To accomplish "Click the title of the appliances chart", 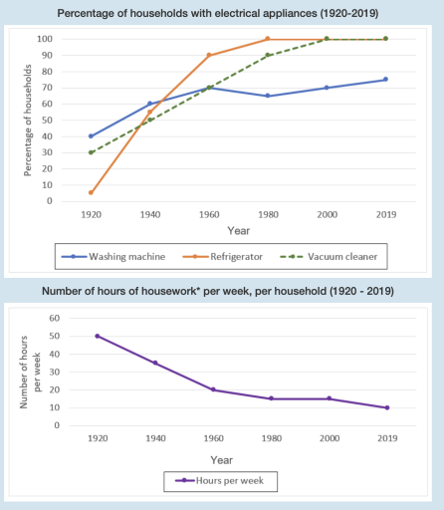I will click(x=221, y=13).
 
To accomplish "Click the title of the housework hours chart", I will click(x=221, y=291).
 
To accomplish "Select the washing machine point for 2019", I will click(x=385, y=80).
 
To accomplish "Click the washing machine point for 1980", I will click(x=268, y=96).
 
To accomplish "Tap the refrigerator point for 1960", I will click(x=209, y=55).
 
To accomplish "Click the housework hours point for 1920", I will click(x=98, y=336).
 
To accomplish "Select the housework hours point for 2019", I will click(x=385, y=407).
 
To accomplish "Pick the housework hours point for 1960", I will click(x=213, y=389).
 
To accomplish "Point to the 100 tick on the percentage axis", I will click(x=44, y=39).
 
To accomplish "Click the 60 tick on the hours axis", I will click(x=55, y=318).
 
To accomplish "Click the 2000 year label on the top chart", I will click(x=327, y=213).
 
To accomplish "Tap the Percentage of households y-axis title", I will click(x=28, y=121).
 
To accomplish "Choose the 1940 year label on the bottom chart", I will click(x=155, y=438).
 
